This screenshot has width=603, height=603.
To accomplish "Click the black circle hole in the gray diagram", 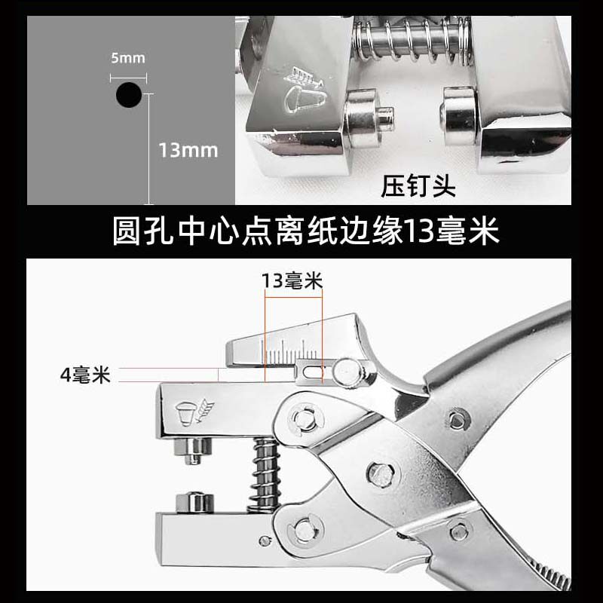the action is (129, 95).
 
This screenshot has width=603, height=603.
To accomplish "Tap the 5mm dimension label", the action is (128, 58).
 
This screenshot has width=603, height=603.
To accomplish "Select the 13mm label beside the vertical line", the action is (188, 150).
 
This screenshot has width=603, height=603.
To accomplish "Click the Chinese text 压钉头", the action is (418, 186).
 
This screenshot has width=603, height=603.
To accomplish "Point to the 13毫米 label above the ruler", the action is (292, 280).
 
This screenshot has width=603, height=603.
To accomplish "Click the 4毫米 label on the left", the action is (85, 375).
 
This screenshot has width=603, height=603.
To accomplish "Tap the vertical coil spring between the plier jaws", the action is (265, 475).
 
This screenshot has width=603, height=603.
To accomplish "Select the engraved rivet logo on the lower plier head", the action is (194, 412).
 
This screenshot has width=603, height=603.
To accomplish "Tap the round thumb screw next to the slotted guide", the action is (348, 372).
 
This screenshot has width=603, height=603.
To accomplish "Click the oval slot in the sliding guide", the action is (313, 372).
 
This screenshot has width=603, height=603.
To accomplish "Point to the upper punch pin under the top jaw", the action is (193, 451).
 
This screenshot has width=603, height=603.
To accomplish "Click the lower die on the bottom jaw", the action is (194, 502).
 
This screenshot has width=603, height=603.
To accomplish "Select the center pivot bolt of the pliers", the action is (381, 474).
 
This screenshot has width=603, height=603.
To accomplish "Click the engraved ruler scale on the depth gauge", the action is (289, 352).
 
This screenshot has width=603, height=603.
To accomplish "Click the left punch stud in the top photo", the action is (369, 118).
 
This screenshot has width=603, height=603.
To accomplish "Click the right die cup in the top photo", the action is (459, 117).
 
